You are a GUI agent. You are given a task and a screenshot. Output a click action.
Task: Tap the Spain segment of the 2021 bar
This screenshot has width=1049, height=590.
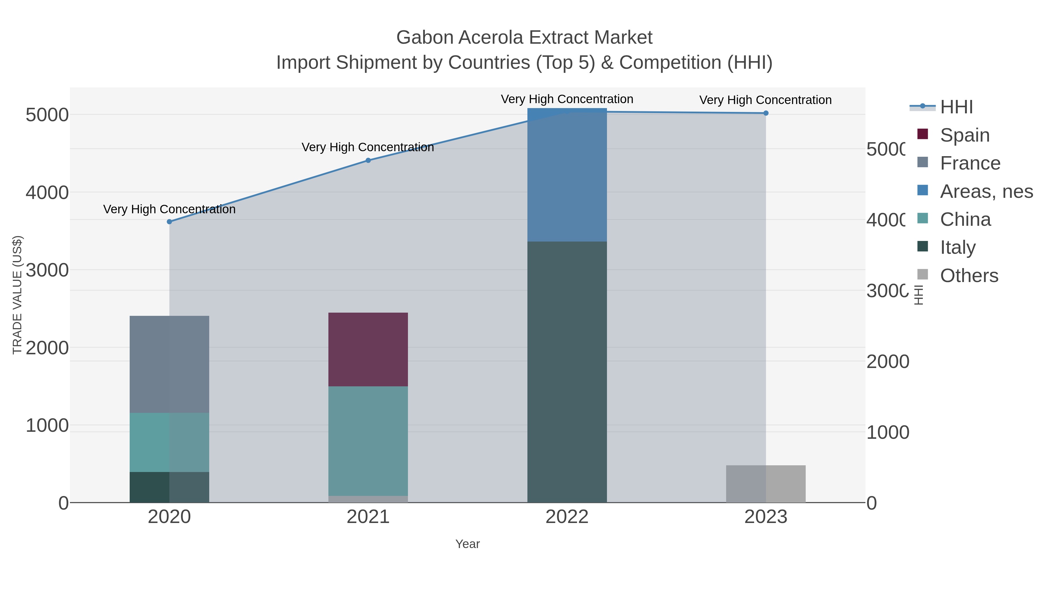click(x=368, y=349)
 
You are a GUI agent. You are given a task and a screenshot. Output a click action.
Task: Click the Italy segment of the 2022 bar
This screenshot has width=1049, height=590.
click(x=567, y=371)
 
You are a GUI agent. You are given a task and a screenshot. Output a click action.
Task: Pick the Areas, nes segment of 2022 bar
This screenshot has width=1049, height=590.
click(x=567, y=175)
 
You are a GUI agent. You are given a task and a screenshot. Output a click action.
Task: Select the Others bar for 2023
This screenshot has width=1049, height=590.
click(x=765, y=484)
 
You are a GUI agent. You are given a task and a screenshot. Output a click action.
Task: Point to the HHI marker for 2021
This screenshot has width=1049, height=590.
click(x=368, y=161)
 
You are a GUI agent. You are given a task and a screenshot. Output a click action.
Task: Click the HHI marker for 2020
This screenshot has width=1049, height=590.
click(x=169, y=221)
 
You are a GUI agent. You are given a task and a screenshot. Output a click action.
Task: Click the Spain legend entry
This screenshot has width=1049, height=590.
click(x=964, y=135)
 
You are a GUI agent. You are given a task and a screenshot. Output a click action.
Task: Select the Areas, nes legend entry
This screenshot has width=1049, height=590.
click(x=985, y=191)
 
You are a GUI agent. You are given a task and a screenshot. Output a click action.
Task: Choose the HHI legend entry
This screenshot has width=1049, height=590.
click(x=956, y=107)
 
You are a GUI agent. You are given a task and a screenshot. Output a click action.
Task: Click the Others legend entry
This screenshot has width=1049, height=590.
click(x=968, y=276)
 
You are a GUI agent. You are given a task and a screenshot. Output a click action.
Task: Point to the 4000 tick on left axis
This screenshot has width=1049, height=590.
click(x=47, y=192)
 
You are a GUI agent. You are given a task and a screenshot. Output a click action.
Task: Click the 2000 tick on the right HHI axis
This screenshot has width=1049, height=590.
click(x=887, y=362)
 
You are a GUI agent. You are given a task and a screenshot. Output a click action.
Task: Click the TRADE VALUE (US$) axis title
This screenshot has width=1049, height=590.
click(x=17, y=295)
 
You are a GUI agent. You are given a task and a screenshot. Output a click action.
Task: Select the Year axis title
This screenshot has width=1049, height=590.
click(x=467, y=544)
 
